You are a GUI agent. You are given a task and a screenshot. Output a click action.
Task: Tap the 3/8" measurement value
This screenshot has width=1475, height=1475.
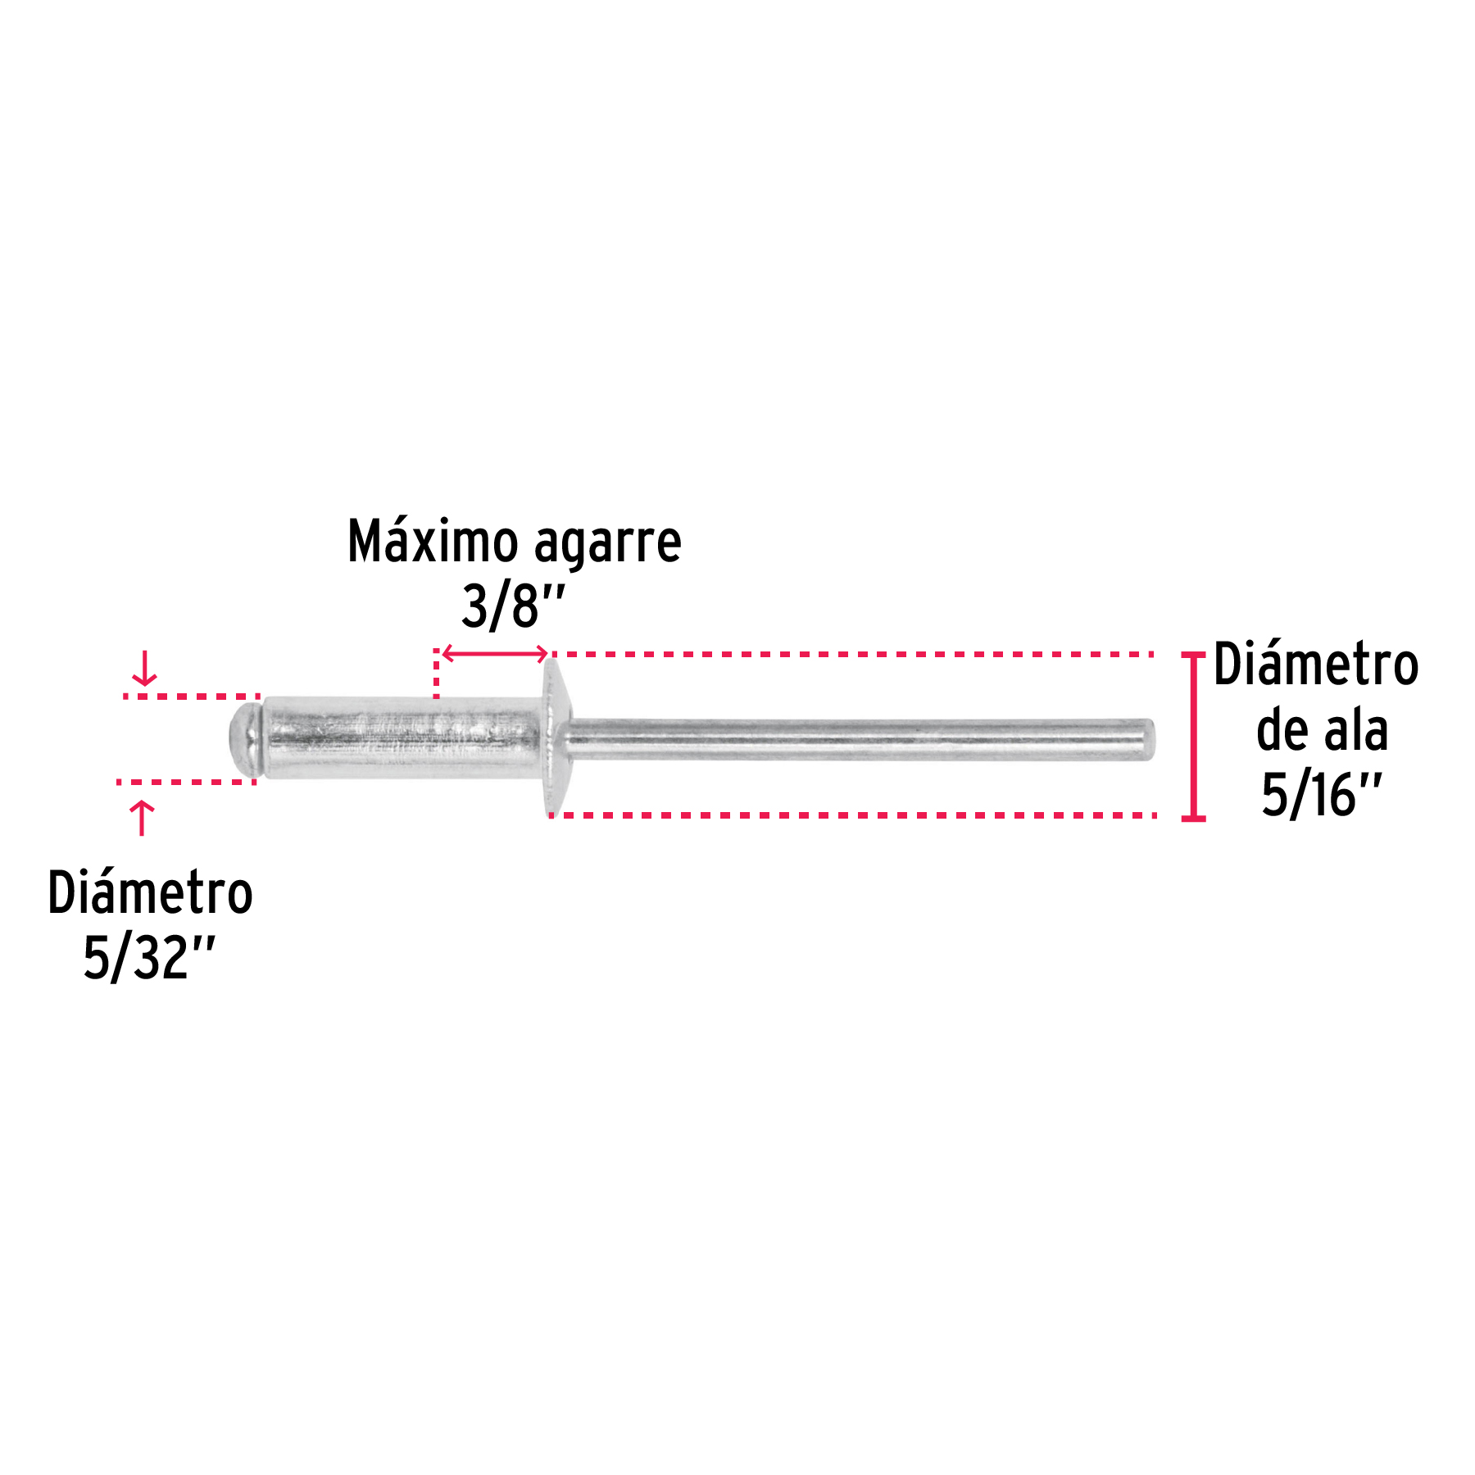[514, 606]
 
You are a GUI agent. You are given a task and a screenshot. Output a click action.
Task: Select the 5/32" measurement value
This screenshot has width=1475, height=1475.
[149, 957]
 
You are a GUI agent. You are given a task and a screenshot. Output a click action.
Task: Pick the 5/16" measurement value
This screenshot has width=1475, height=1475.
[1322, 795]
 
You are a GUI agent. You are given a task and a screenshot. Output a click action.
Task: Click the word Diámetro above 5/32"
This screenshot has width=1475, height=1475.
[151, 892]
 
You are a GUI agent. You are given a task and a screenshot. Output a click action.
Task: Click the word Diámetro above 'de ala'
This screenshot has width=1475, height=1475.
[1316, 664]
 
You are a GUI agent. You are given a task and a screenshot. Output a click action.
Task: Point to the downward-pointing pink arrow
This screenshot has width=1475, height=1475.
[145, 669]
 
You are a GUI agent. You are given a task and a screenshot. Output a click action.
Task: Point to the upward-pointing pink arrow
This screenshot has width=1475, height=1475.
[143, 818]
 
